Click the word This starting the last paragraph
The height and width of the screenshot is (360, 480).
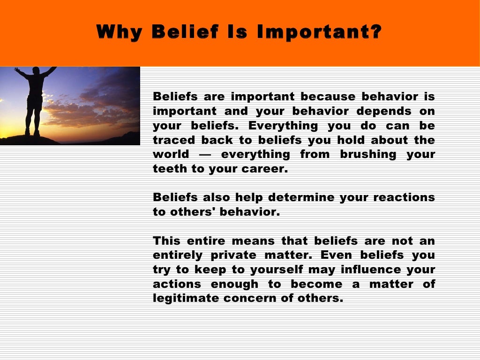(x=166, y=241)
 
